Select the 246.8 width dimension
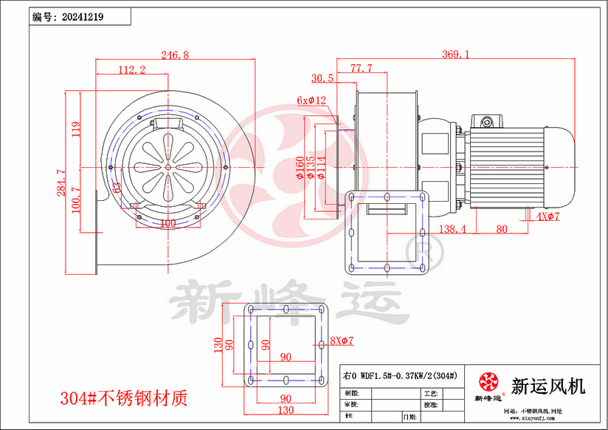175,55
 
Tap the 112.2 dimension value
131,69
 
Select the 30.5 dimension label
322,78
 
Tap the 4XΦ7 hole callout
549,216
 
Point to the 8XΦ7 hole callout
342,341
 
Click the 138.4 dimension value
452,230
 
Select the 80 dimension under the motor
501,230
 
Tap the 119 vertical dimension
75,130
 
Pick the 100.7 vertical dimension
75,200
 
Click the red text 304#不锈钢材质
123,399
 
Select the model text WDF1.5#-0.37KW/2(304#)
408,375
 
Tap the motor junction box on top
488,120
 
